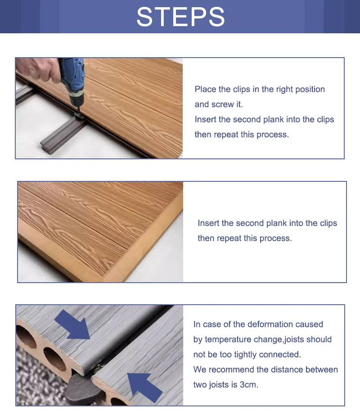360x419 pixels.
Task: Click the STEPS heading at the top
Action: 180,17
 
